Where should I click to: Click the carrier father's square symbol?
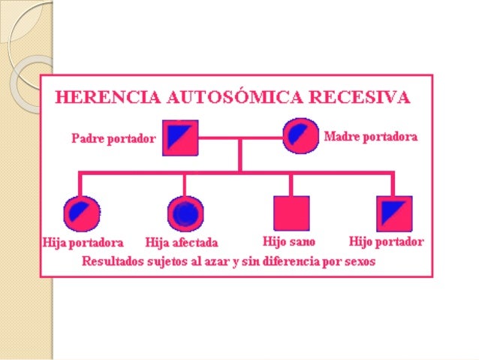coord(180,138)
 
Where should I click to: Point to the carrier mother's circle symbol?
coord(300,137)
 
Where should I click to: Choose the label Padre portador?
coord(113,139)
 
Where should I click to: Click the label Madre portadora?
coord(371,137)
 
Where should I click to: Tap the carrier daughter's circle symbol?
coord(81,213)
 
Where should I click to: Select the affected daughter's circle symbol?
coord(185,214)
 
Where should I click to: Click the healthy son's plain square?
coord(291,213)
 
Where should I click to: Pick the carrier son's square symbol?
coord(394,213)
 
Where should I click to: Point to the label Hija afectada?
coord(182,243)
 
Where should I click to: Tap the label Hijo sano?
coord(289,242)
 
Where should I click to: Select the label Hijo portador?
coord(387,242)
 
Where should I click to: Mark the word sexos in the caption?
coord(357,262)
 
